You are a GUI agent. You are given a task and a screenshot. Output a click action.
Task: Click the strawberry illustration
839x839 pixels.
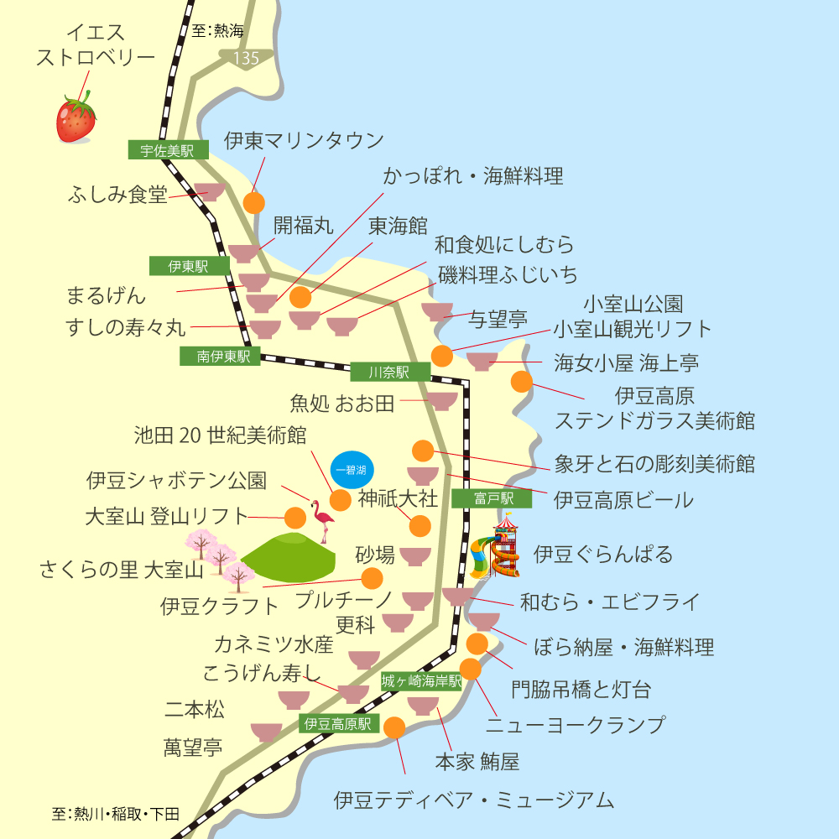(76, 119)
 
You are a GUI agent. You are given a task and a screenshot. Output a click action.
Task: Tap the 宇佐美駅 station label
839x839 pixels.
(168, 151)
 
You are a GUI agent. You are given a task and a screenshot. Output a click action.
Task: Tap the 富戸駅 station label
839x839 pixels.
(492, 499)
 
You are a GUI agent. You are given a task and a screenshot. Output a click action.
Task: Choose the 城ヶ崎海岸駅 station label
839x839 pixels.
(421, 680)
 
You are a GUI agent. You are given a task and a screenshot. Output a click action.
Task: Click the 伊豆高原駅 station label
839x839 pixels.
(338, 723)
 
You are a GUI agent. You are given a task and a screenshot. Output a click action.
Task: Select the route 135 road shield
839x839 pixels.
(247, 58)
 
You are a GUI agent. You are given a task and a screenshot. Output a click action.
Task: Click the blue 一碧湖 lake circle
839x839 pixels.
(350, 470)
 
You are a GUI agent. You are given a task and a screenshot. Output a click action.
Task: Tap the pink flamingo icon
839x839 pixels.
(322, 521)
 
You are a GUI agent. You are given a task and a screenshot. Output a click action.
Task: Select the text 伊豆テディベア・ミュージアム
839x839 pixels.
(473, 800)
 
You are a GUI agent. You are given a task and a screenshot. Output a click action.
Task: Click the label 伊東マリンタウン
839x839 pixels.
(304, 140)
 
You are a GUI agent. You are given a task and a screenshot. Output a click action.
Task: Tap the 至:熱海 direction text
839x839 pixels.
(217, 32)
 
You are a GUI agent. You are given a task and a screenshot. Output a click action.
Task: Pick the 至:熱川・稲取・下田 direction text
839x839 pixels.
(115, 814)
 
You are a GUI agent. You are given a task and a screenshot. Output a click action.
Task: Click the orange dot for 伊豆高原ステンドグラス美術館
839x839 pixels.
(522, 382)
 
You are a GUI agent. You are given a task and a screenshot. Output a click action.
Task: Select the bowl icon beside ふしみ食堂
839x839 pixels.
(209, 192)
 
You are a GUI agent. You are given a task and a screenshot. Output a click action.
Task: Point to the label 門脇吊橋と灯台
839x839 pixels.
(581, 690)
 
